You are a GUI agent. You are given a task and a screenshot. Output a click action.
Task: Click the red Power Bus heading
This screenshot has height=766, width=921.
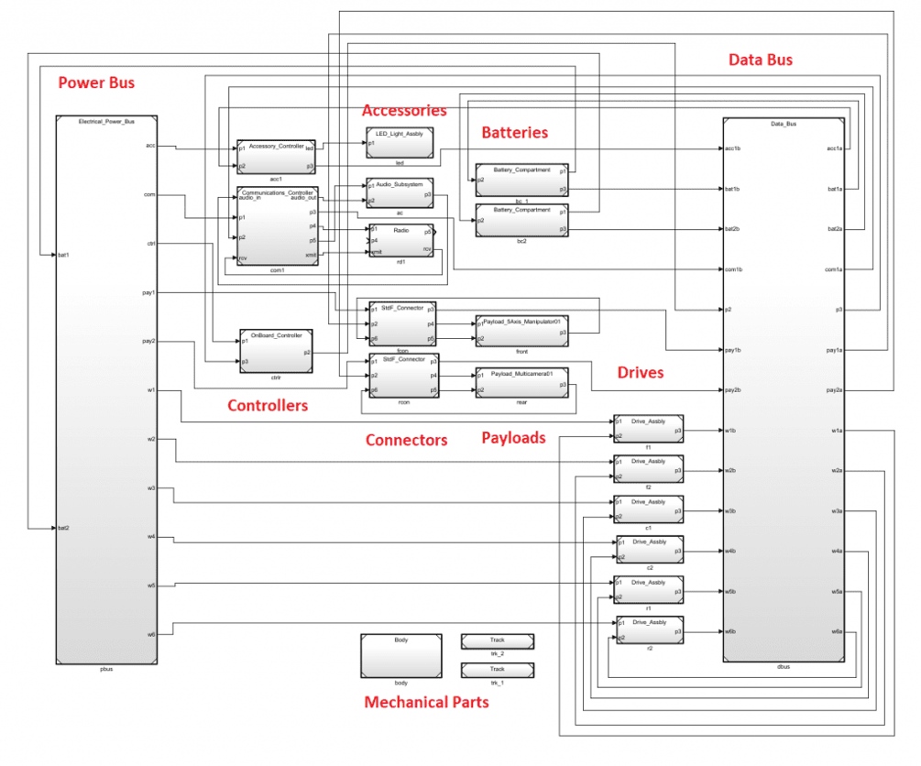(96, 83)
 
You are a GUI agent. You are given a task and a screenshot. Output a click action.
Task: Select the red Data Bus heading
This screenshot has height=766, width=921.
(760, 60)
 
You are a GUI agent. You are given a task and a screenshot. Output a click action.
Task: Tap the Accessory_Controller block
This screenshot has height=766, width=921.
(276, 157)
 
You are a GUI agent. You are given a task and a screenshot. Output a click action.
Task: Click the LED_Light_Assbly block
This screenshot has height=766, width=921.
(399, 143)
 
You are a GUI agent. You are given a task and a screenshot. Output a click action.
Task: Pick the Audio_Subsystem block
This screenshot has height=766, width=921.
(399, 193)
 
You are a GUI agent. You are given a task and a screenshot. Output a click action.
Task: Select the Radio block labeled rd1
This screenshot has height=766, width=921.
(400, 240)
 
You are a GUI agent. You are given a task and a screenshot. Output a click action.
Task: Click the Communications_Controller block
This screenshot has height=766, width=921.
(277, 226)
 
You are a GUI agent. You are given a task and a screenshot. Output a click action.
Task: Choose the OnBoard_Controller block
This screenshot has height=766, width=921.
(276, 352)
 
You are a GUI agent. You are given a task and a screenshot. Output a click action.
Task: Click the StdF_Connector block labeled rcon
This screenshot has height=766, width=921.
(403, 375)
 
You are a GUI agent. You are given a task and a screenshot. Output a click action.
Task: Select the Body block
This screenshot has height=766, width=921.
(400, 655)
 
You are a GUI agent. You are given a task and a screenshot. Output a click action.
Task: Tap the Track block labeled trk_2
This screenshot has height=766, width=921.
(497, 641)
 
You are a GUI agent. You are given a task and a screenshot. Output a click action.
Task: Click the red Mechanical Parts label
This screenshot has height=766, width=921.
(426, 703)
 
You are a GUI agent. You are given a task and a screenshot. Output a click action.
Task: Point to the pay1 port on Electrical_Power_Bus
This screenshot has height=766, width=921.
(149, 292)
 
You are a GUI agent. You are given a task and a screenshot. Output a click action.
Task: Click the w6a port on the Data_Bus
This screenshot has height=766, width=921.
(837, 631)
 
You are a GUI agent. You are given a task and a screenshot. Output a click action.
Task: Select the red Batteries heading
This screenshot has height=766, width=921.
(515, 133)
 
